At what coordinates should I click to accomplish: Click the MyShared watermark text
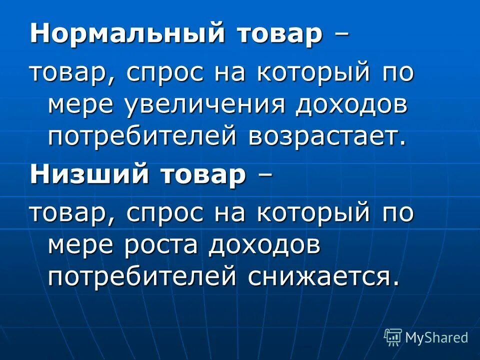tap(436, 337)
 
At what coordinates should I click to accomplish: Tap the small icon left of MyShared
tap(393, 337)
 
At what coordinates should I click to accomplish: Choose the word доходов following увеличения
tap(351, 106)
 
